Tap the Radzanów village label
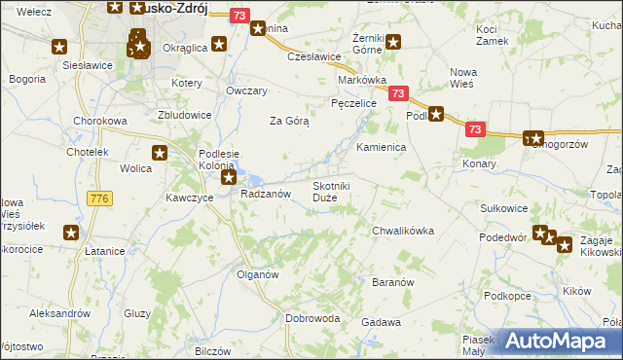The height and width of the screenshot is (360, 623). (266, 195)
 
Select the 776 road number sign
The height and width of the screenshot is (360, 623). (98, 198)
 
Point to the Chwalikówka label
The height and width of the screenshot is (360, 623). (402, 231)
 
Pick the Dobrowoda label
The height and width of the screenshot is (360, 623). (312, 318)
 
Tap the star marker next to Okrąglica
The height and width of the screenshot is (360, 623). (219, 44)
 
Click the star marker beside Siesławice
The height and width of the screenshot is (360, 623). (59, 47)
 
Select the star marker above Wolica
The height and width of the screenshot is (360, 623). (160, 152)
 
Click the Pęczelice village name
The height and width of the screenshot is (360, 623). (353, 101)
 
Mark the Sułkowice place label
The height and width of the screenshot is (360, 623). (504, 208)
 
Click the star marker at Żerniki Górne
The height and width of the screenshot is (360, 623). (393, 41)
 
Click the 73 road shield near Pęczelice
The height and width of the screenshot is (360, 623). (397, 93)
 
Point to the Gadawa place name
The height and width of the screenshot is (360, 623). (381, 322)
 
